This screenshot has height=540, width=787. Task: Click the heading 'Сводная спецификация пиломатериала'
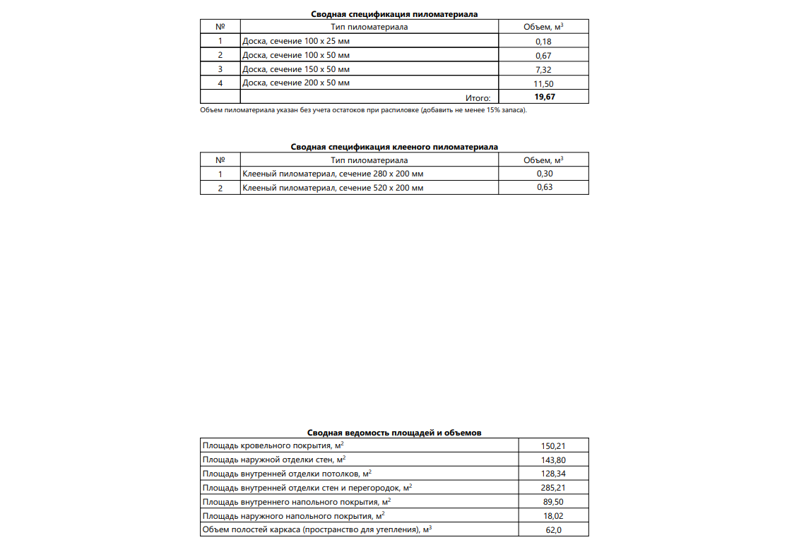tap(394, 14)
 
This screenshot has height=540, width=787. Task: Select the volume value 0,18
tap(543, 42)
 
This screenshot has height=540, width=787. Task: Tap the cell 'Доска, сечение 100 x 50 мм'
tap(295, 55)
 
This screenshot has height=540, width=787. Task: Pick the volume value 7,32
tap(543, 69)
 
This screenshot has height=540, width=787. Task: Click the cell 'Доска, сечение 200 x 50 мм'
tap(295, 83)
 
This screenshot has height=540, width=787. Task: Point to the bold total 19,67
tap(545, 97)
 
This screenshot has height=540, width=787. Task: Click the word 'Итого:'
tap(478, 97)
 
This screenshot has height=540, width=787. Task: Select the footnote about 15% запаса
tap(363, 110)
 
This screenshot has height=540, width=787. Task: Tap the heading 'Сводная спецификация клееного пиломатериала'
tap(394, 147)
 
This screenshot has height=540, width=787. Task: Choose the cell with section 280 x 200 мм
tap(333, 174)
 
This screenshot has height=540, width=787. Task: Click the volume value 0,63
tap(543, 187)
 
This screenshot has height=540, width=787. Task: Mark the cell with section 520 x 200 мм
tap(333, 188)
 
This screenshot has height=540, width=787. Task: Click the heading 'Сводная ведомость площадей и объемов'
tap(394, 433)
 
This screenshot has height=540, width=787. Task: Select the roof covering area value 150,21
tap(553, 446)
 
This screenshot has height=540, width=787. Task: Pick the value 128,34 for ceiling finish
tap(553, 474)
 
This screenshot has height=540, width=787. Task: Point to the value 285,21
tap(553, 487)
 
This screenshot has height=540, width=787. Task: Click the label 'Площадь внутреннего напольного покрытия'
tap(297, 501)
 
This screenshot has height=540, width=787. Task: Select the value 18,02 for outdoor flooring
tap(553, 515)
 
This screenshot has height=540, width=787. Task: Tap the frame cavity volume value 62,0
tap(553, 529)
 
